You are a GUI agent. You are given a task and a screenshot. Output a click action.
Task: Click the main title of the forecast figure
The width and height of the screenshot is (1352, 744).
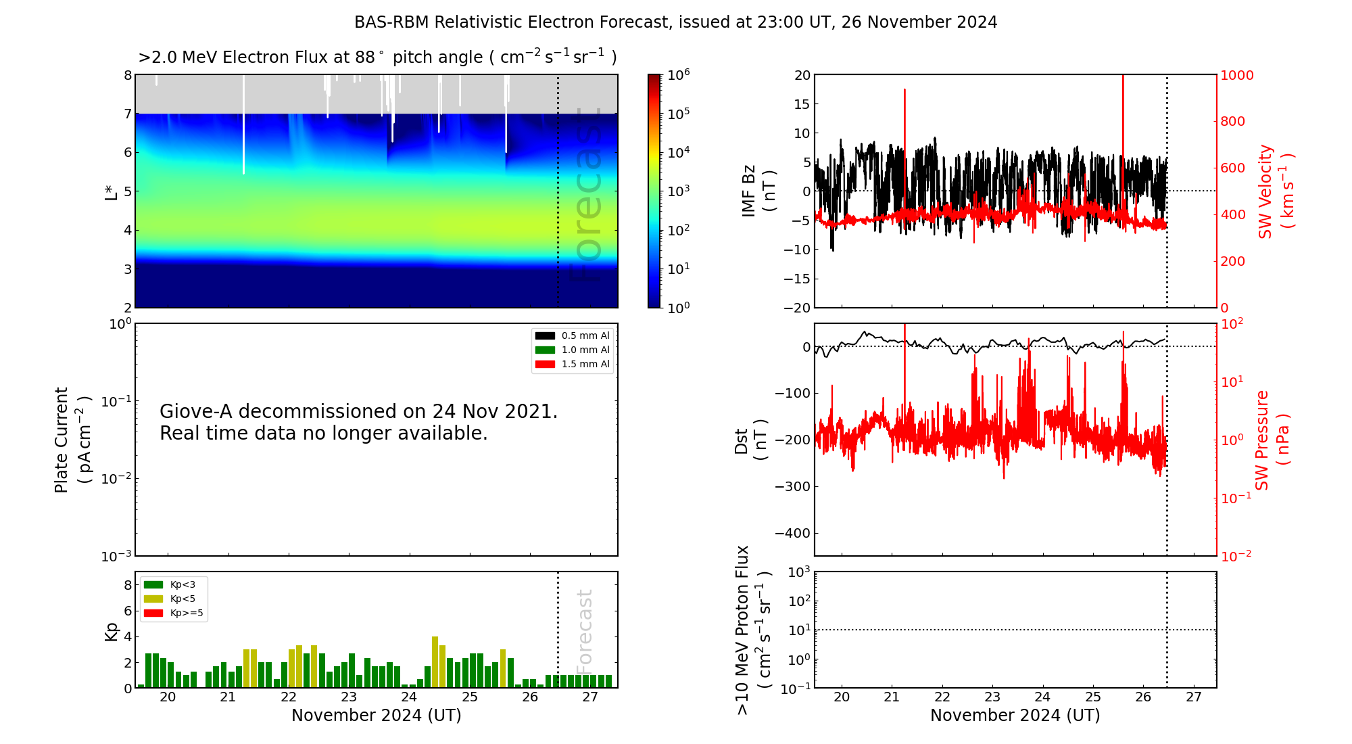tap(675, 22)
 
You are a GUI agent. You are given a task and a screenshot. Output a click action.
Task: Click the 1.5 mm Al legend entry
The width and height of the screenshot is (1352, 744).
tap(585, 364)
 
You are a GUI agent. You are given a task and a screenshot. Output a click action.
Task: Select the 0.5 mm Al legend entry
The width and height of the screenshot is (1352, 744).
tap(585, 335)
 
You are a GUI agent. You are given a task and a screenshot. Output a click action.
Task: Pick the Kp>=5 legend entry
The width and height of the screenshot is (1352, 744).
tap(187, 613)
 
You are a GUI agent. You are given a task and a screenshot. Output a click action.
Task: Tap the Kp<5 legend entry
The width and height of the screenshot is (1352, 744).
tap(183, 599)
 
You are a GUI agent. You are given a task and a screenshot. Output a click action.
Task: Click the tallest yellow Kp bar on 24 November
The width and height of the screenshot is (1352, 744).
tap(435, 661)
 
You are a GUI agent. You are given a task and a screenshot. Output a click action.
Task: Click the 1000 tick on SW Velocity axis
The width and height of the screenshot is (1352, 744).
tap(1236, 75)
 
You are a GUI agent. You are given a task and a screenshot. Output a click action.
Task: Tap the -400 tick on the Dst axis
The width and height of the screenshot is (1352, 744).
tap(792, 533)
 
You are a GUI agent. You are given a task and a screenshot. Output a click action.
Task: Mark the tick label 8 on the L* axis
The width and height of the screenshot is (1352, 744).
tap(128, 75)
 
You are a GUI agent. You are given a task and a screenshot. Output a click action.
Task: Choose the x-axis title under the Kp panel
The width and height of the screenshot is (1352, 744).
tap(377, 716)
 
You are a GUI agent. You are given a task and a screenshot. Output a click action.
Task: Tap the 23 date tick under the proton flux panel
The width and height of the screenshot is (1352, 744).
tap(992, 697)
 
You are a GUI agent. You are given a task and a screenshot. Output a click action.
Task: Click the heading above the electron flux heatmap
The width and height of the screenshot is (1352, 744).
tap(377, 57)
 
